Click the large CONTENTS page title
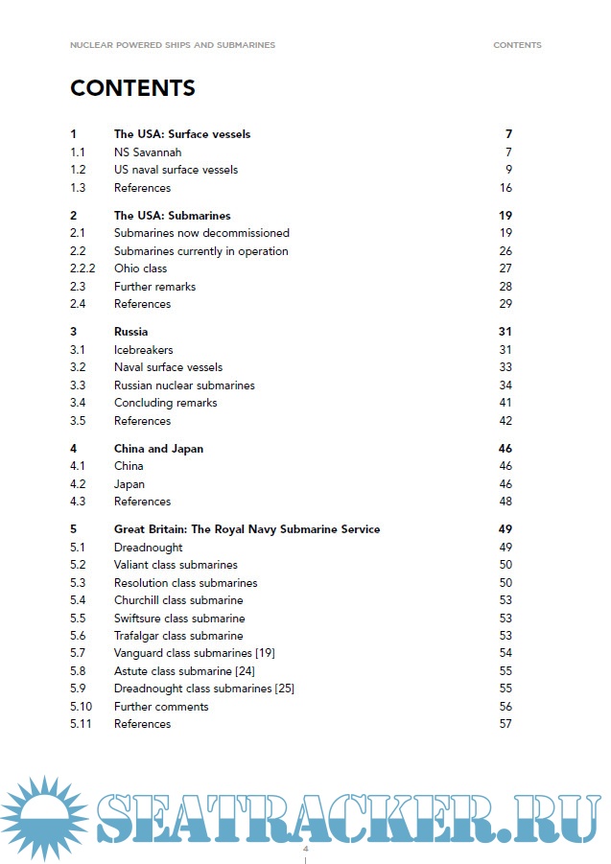pyautogui.click(x=132, y=88)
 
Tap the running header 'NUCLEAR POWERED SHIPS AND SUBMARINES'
pyautogui.click(x=172, y=45)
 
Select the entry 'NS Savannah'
pyautogui.click(x=148, y=152)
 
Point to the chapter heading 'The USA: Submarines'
pyautogui.click(x=172, y=216)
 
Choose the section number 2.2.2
pyautogui.click(x=84, y=269)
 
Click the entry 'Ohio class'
pyautogui.click(x=140, y=269)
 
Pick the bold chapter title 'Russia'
pyautogui.click(x=130, y=332)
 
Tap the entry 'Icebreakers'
pyautogui.click(x=143, y=350)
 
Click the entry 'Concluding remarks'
pyautogui.click(x=165, y=403)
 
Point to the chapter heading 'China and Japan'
pyautogui.click(x=158, y=448)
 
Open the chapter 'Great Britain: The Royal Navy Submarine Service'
pyautogui.click(x=247, y=529)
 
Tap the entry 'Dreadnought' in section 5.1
pyautogui.click(x=148, y=548)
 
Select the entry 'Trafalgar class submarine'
pyautogui.click(x=178, y=636)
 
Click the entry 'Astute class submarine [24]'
pyautogui.click(x=184, y=671)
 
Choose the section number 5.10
pyautogui.click(x=82, y=707)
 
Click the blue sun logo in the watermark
pyautogui.click(x=43, y=818)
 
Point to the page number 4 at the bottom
pyautogui.click(x=305, y=850)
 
